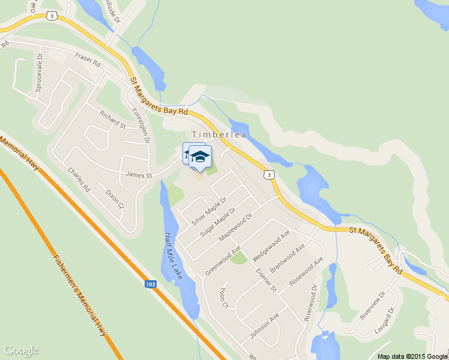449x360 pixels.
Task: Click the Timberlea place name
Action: pyautogui.click(x=219, y=135)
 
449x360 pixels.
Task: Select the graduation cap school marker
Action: pyautogui.click(x=200, y=157)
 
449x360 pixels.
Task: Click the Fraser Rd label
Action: pyautogui.click(x=88, y=59)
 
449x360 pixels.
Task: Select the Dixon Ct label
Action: pyautogui.click(x=114, y=199)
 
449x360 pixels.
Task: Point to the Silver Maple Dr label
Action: pyautogui.click(x=209, y=211)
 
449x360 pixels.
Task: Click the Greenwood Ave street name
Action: pyautogui.click(x=223, y=259)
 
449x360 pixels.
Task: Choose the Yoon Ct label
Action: pyautogui.click(x=224, y=297)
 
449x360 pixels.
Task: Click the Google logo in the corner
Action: pyautogui.click(x=21, y=350)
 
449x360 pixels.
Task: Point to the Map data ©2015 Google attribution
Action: pyautogui.click(x=413, y=356)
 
